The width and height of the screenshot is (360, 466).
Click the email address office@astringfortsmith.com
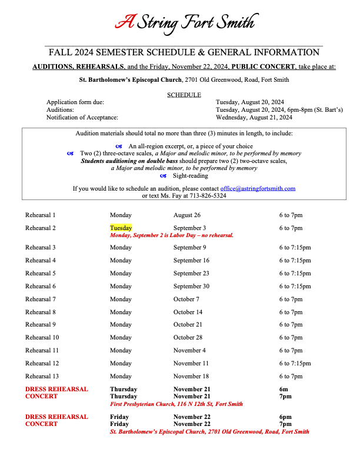[x=258, y=188]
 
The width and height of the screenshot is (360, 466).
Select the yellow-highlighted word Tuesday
[x=121, y=228]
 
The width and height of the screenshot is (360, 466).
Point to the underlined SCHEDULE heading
[x=184, y=95]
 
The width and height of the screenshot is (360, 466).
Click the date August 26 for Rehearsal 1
[x=186, y=215]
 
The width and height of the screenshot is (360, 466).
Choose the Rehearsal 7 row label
[x=41, y=299]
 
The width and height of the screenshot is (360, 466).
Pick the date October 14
[x=188, y=312]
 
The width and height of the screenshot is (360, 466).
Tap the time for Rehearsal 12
[x=295, y=364]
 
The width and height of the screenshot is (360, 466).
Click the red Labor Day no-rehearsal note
[x=172, y=235]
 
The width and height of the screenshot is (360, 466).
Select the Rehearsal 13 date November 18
[x=191, y=376]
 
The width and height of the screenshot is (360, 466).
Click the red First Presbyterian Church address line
[x=176, y=404]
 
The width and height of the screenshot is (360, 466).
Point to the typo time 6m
[x=284, y=390]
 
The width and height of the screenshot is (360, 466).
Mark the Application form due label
[x=75, y=102]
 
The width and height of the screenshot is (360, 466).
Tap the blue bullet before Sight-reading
[x=164, y=176]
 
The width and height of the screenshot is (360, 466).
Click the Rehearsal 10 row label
[x=42, y=338]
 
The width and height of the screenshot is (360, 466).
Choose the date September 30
[x=191, y=287]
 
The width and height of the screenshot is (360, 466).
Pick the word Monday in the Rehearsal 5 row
[x=121, y=274]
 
